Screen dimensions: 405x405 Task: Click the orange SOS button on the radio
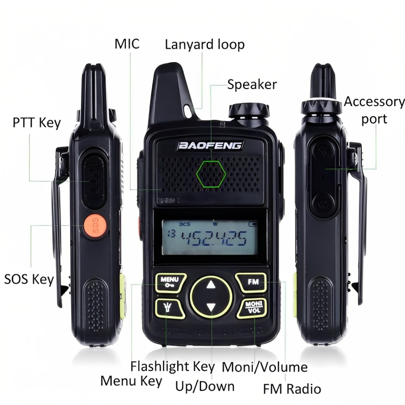[x=93, y=222]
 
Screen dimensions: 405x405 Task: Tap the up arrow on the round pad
[x=211, y=285]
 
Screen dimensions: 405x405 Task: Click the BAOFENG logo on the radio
[x=211, y=145]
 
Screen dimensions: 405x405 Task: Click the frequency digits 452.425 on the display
[x=214, y=237]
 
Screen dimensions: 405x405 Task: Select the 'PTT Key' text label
[x=36, y=123]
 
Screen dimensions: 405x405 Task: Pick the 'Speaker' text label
[x=252, y=84]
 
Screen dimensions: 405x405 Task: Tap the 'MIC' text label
[x=127, y=44]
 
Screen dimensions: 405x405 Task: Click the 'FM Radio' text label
[x=292, y=388]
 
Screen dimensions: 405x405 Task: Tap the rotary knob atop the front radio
[x=249, y=111]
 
